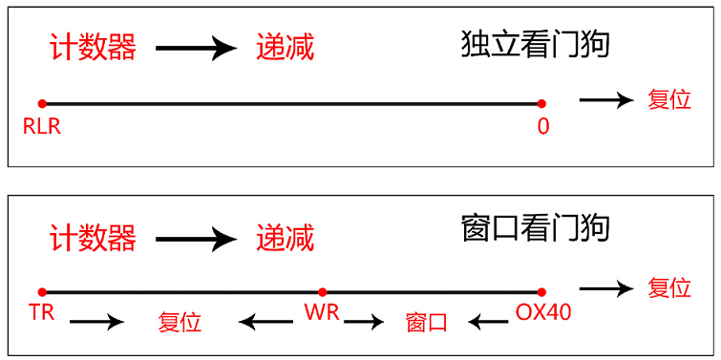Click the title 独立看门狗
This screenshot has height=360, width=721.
coord(535,44)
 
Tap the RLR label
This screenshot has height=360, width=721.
coord(43,126)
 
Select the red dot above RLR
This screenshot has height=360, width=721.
coord(42,103)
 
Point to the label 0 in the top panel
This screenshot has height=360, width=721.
coord(542,126)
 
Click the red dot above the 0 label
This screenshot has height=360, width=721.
coord(541,103)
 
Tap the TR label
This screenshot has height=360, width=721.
coord(42,312)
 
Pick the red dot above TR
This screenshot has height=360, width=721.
coord(42,291)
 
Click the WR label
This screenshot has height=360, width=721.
coord(321,312)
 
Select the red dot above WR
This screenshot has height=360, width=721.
coord(322,291)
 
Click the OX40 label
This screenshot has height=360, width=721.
coord(543,312)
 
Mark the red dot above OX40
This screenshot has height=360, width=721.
coord(541,291)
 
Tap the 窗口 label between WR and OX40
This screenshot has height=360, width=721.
coord(426,322)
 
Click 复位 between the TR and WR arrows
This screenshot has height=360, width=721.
coord(180,322)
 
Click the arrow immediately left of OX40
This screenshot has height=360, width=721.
coord(487,322)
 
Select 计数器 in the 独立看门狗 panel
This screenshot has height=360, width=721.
coord(92,47)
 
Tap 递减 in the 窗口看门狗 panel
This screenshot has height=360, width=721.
coord(285,237)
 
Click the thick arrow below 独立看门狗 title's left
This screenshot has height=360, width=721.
coord(196,47)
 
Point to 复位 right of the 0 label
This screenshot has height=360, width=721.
coord(669,99)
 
